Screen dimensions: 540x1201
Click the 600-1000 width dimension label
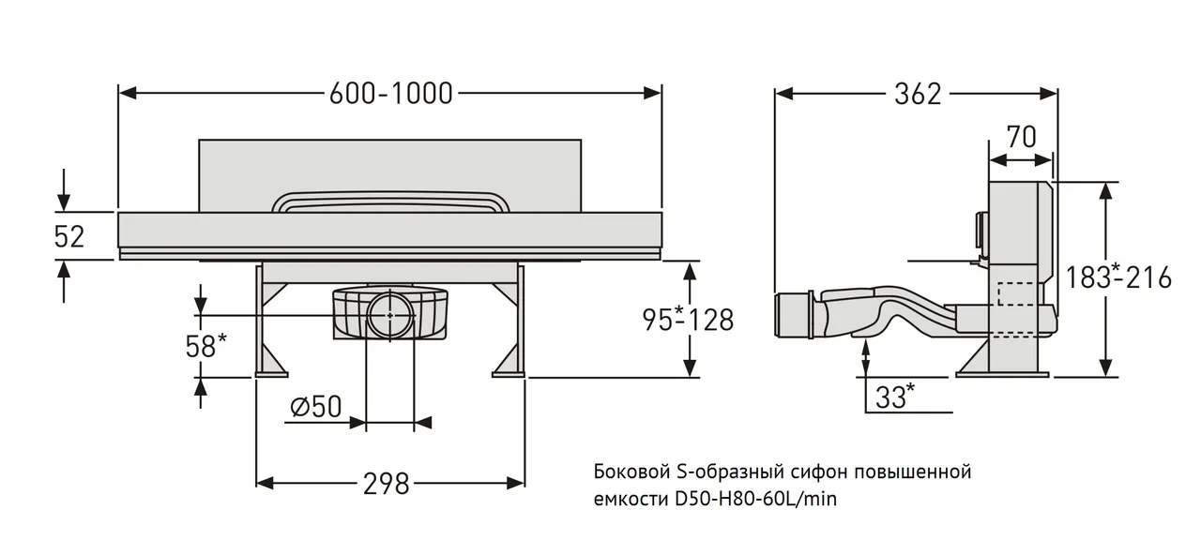click(390, 93)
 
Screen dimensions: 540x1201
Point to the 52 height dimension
click(68, 236)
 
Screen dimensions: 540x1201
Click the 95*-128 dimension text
click(688, 320)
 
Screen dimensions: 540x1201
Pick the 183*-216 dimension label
click(1118, 277)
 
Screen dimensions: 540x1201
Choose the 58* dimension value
click(205, 346)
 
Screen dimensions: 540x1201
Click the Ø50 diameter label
click(316, 407)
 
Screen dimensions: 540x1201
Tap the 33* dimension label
click(895, 397)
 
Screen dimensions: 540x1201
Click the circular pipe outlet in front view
click(388, 316)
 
